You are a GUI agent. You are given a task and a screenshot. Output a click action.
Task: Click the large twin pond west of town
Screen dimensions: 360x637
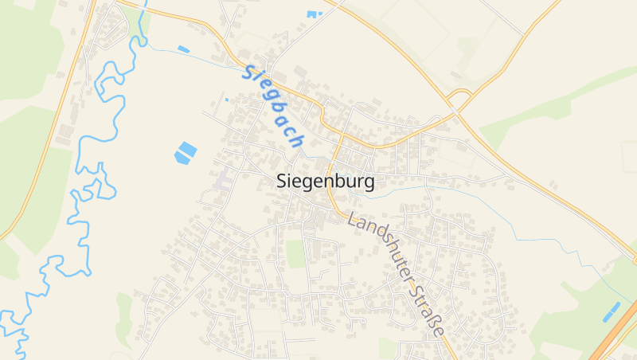pos(186,152)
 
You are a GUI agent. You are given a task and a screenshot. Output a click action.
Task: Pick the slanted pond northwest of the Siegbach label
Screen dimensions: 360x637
pos(184,49)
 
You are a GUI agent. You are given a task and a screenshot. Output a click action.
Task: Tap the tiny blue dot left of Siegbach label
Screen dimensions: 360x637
pos(226,100)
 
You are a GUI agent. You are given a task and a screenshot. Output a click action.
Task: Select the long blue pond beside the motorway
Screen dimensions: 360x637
pos(612,311)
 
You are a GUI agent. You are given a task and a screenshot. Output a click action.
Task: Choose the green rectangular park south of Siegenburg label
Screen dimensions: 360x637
pos(296,254)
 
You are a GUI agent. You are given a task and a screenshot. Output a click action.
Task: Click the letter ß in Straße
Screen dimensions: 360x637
pos(435,323)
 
